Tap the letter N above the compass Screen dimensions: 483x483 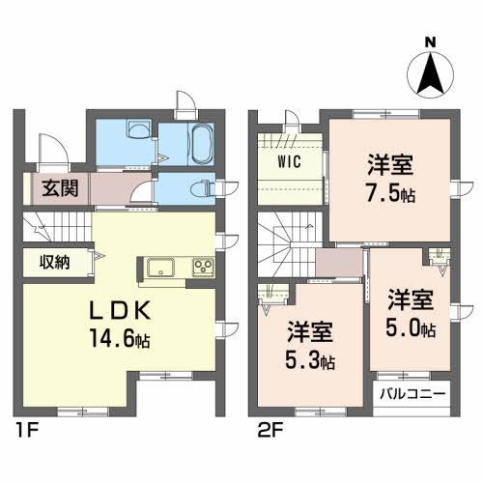pyautogui.click(x=430, y=42)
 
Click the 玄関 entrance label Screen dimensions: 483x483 pyautogui.click(x=61, y=188)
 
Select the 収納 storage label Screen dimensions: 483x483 pyautogui.click(x=54, y=262)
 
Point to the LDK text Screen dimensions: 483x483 pyautogui.click(x=120, y=311)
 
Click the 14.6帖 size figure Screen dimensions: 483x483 pyautogui.click(x=121, y=338)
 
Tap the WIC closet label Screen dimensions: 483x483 pyautogui.click(x=290, y=161)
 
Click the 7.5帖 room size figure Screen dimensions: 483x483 pyautogui.click(x=390, y=193)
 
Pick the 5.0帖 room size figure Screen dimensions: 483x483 pyautogui.click(x=411, y=328)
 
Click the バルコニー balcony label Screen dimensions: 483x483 pyautogui.click(x=412, y=394)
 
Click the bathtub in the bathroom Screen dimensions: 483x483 pyautogui.click(x=200, y=143)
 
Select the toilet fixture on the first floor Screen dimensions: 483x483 pyautogui.click(x=203, y=188)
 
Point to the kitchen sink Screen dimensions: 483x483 pyautogui.click(x=160, y=268)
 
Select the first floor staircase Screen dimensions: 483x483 pyautogui.click(x=56, y=227)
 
